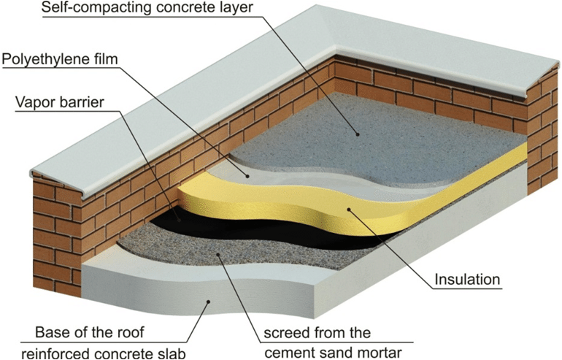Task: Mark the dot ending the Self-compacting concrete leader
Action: (358, 134)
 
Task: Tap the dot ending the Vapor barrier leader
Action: (178, 218)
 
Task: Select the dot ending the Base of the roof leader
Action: (209, 300)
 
